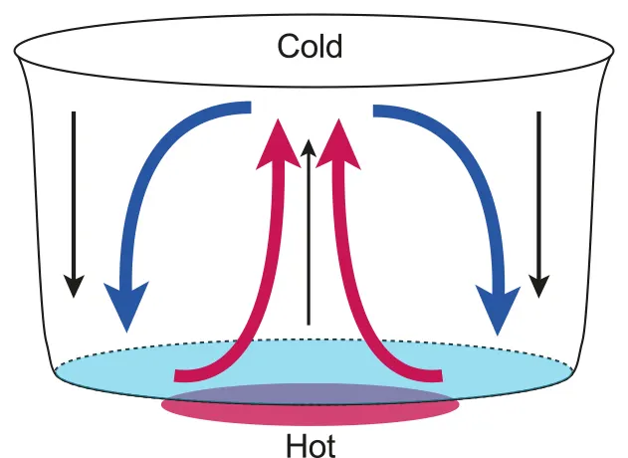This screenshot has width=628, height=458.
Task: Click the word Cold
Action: coord(310,47)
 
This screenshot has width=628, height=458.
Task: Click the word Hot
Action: coord(311,442)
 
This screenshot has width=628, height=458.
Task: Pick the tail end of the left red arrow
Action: coord(178,375)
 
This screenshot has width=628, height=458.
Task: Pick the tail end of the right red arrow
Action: coord(439,375)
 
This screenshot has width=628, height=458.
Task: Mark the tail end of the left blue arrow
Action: coord(249,110)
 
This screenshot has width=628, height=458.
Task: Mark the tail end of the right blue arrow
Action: coord(376,110)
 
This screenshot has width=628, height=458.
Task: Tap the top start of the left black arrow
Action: coord(72,112)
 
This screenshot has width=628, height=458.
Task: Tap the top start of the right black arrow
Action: coord(538,112)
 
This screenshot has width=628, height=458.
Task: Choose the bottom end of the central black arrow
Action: coord(310,324)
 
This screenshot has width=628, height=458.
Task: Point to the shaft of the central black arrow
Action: coord(310,239)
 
